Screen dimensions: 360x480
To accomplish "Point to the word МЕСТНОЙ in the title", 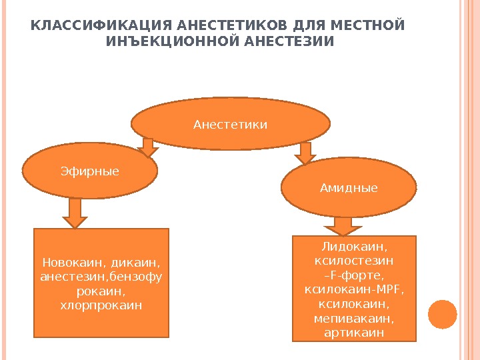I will click(x=373, y=26).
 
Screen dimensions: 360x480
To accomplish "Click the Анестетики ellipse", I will click(x=230, y=124).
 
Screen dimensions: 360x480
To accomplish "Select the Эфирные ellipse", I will click(x=90, y=171).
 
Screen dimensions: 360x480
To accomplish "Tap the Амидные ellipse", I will click(x=349, y=189).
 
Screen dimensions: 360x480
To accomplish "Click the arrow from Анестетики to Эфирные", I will click(x=147, y=146).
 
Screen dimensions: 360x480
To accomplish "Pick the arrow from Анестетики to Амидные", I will click(x=305, y=153).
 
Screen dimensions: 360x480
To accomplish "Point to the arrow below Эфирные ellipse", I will click(x=75, y=213).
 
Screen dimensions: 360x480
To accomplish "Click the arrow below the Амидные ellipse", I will click(x=342, y=225).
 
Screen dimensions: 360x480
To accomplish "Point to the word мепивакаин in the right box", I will click(x=354, y=318).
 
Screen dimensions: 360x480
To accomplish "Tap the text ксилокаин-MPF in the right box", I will click(x=354, y=290).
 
